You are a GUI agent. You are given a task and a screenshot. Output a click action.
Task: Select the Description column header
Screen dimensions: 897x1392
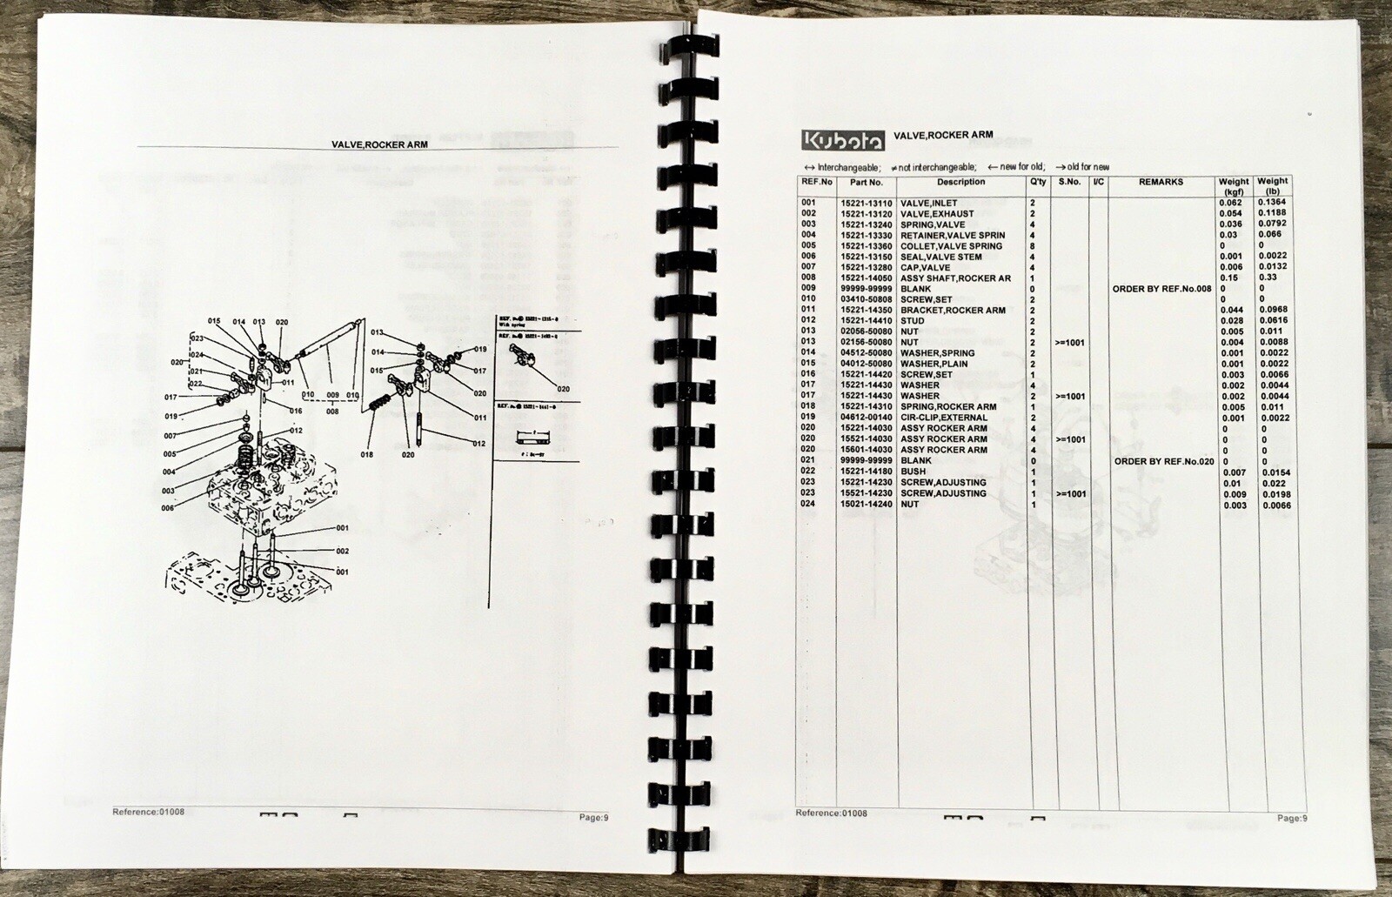(960, 183)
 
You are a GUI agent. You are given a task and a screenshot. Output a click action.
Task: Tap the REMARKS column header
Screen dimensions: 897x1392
(1161, 183)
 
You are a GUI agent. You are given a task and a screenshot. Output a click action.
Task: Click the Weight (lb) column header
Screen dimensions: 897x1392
(1273, 186)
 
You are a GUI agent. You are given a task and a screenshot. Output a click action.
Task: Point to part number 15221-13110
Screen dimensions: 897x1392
(866, 204)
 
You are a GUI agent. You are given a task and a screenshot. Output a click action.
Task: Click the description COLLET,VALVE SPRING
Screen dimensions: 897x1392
(951, 246)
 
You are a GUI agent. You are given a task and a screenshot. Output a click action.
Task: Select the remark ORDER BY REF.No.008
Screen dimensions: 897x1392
(1161, 289)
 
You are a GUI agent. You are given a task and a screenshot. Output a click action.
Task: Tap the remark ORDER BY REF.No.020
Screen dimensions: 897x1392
(1163, 461)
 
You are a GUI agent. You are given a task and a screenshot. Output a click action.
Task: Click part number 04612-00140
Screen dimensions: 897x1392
(866, 418)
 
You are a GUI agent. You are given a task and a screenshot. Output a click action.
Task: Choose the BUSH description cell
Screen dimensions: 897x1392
(913, 472)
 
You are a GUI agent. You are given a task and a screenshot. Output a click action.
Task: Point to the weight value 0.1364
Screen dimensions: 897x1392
(1273, 203)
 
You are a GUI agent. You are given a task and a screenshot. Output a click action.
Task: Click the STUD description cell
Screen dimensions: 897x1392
(913, 321)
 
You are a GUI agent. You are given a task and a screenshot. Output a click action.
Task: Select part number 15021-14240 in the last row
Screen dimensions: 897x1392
(866, 504)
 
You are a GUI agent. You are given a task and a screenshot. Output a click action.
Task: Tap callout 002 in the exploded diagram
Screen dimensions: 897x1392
(342, 551)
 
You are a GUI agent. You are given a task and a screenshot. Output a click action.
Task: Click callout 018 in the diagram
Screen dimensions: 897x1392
(366, 454)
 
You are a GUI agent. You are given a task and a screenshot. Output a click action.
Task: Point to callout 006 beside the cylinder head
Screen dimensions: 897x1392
(168, 508)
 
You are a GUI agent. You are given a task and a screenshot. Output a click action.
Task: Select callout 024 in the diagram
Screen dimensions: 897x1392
(197, 355)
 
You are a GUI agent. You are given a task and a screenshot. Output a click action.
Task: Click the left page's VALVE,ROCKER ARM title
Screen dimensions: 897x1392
(379, 144)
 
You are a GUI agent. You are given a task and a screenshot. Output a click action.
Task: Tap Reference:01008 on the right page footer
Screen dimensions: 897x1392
(831, 813)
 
